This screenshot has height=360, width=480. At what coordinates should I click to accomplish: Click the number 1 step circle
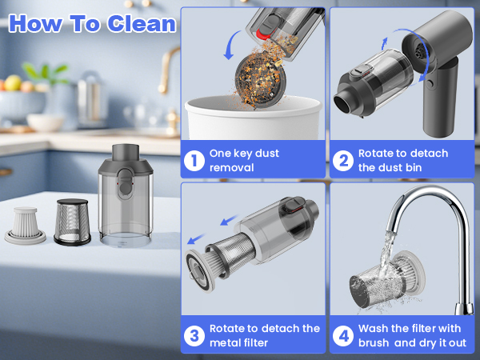[x=194, y=160]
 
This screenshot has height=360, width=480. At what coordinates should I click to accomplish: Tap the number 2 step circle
[x=343, y=160]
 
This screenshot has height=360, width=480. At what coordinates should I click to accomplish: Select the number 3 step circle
[x=194, y=335]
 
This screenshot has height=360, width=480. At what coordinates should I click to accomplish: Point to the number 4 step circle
[x=343, y=335]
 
